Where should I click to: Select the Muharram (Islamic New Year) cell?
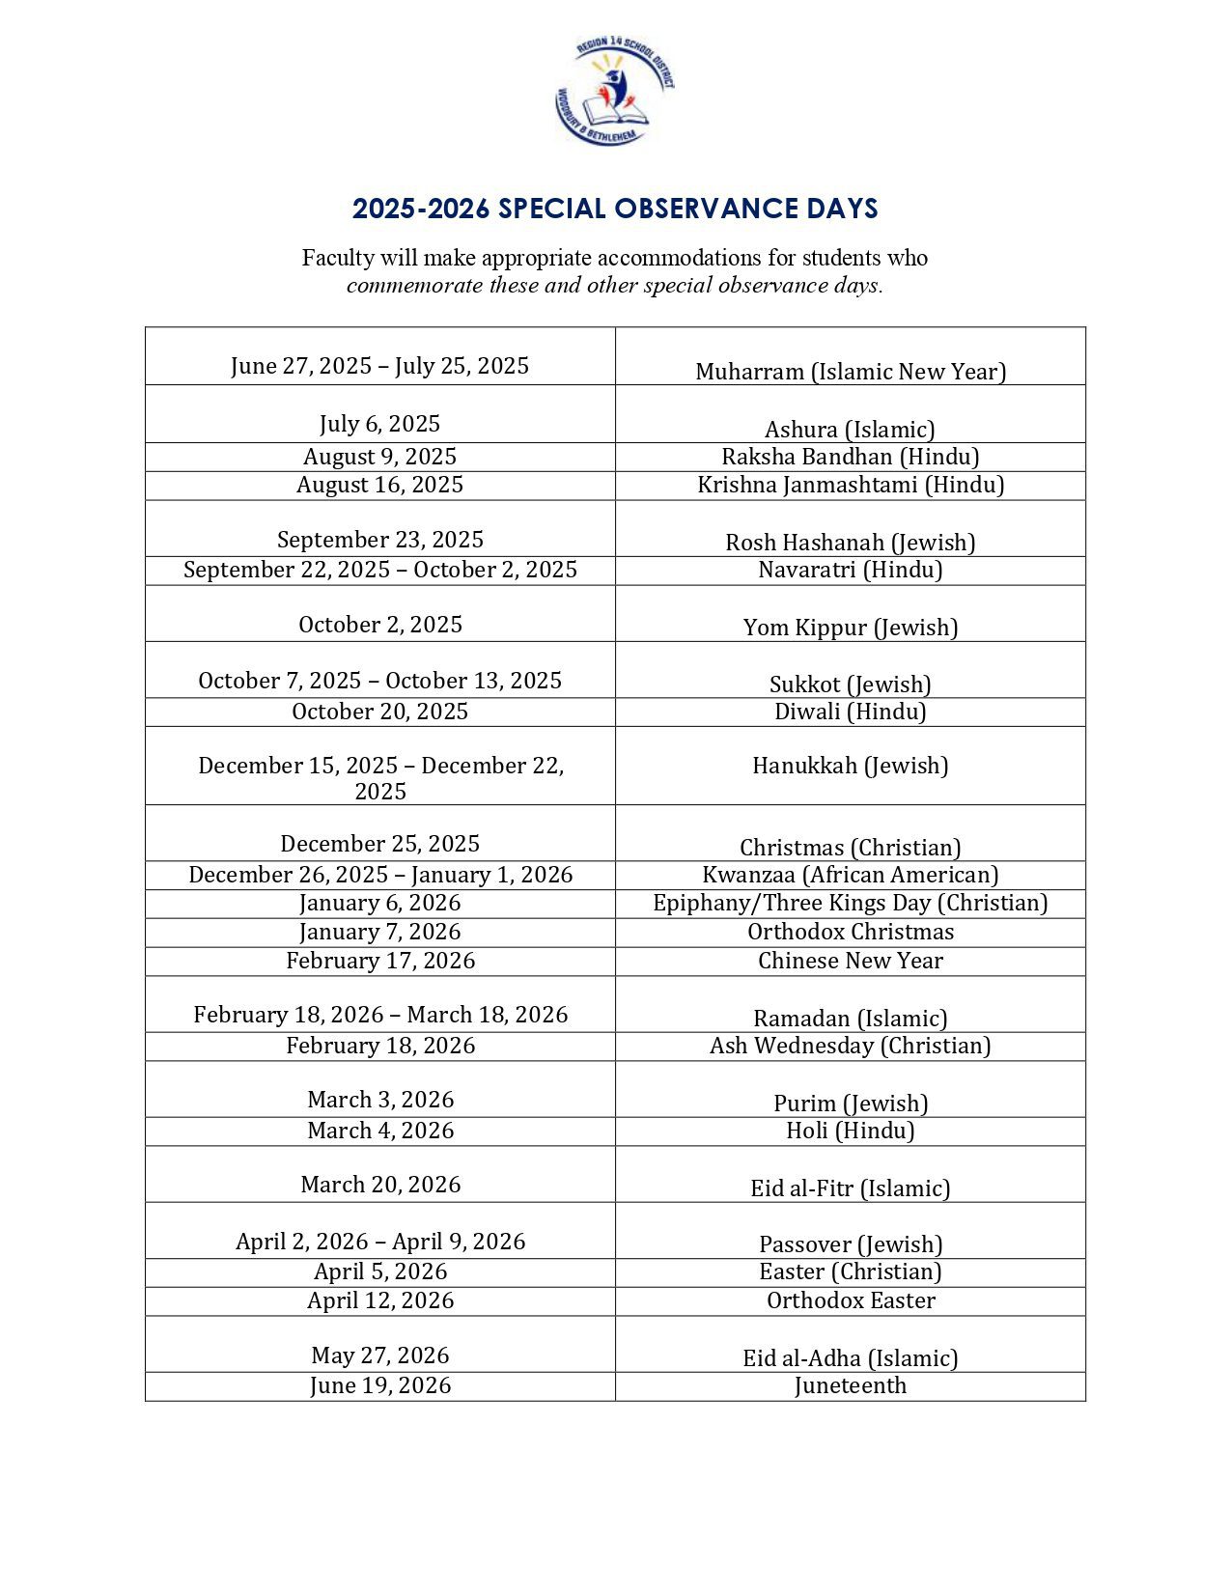850,372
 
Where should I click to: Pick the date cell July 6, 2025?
379,424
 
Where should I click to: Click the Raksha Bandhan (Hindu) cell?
850,457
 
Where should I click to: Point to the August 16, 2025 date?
379,485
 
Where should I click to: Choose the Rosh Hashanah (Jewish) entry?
850,542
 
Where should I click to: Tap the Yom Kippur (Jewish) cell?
850,627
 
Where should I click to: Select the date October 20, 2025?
379,712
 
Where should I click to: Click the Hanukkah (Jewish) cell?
850,766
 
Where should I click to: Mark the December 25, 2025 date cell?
379,844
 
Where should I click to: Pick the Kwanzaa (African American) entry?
850,875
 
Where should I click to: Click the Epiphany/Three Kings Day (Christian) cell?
850,903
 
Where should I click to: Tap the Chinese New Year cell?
850,961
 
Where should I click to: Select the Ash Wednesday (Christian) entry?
850,1046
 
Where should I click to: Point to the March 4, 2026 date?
379,1131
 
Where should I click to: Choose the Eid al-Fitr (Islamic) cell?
850,1188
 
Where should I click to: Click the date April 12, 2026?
379,1300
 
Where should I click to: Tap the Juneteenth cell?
850,1385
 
